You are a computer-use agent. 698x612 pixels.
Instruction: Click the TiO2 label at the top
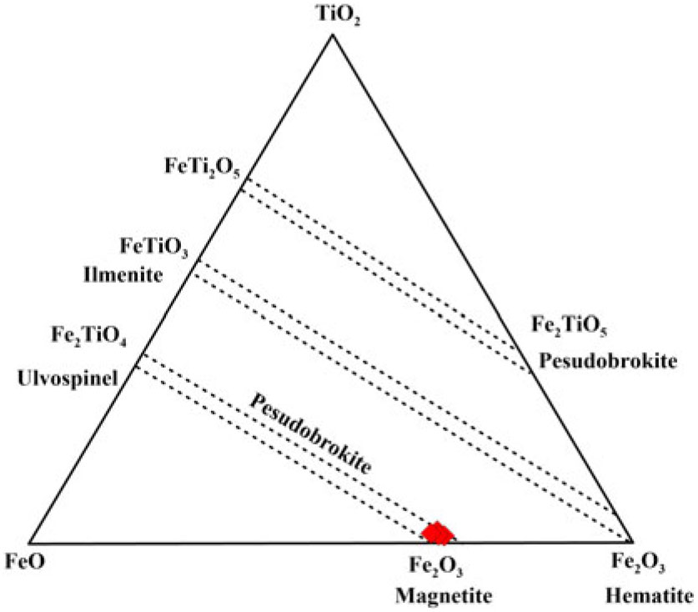[333, 15]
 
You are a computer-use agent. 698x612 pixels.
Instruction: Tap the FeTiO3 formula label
[155, 248]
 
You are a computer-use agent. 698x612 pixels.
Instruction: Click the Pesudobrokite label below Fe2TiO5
[606, 361]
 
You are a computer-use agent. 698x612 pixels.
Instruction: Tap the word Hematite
[648, 595]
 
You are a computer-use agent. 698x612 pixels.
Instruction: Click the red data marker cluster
[439, 531]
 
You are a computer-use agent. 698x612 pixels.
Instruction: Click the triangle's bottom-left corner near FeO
[30, 541]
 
